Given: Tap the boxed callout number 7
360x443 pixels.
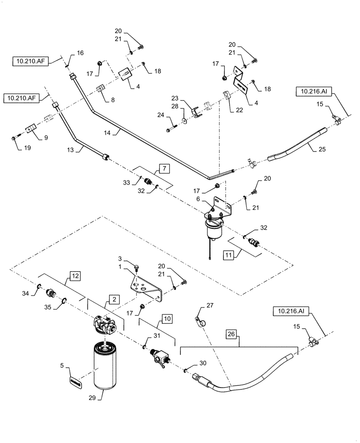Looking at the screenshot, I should [164, 168].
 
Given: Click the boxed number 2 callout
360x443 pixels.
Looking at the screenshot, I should [114, 300].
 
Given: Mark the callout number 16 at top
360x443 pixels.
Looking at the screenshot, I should [80, 53].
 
